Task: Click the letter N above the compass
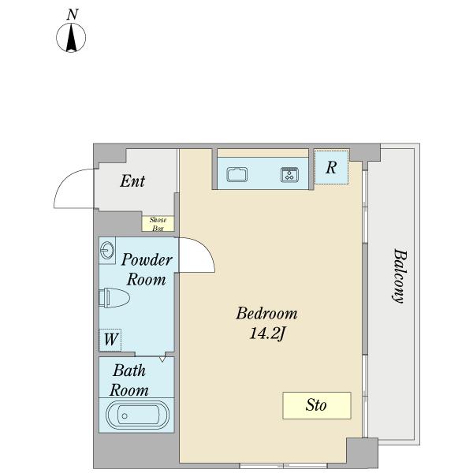click(72, 15)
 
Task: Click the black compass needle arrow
click(71, 37)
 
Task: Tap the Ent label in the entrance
click(132, 181)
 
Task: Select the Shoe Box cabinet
click(158, 224)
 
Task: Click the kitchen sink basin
click(237, 174)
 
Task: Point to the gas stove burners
click(289, 175)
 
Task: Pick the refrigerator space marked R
click(331, 167)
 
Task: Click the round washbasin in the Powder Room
click(107, 251)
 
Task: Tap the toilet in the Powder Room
click(114, 298)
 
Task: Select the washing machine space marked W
click(110, 340)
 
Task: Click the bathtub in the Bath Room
click(137, 415)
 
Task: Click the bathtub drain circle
click(125, 416)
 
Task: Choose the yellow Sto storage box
click(317, 405)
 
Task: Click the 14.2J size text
click(267, 333)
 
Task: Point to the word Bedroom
click(266, 314)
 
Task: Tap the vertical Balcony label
click(400, 275)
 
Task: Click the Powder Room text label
click(147, 270)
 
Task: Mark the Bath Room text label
click(129, 381)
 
